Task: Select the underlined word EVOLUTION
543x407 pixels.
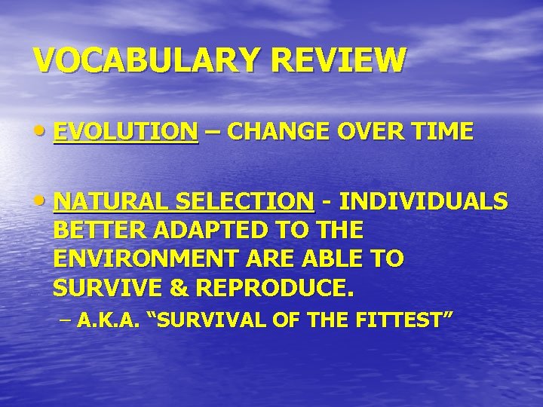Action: (126, 133)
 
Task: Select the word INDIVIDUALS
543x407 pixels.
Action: (422, 202)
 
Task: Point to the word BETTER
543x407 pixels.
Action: (93, 231)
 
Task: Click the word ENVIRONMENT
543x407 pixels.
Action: (141, 259)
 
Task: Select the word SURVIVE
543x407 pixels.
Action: (100, 288)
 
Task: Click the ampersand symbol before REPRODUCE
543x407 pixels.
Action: (165, 288)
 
